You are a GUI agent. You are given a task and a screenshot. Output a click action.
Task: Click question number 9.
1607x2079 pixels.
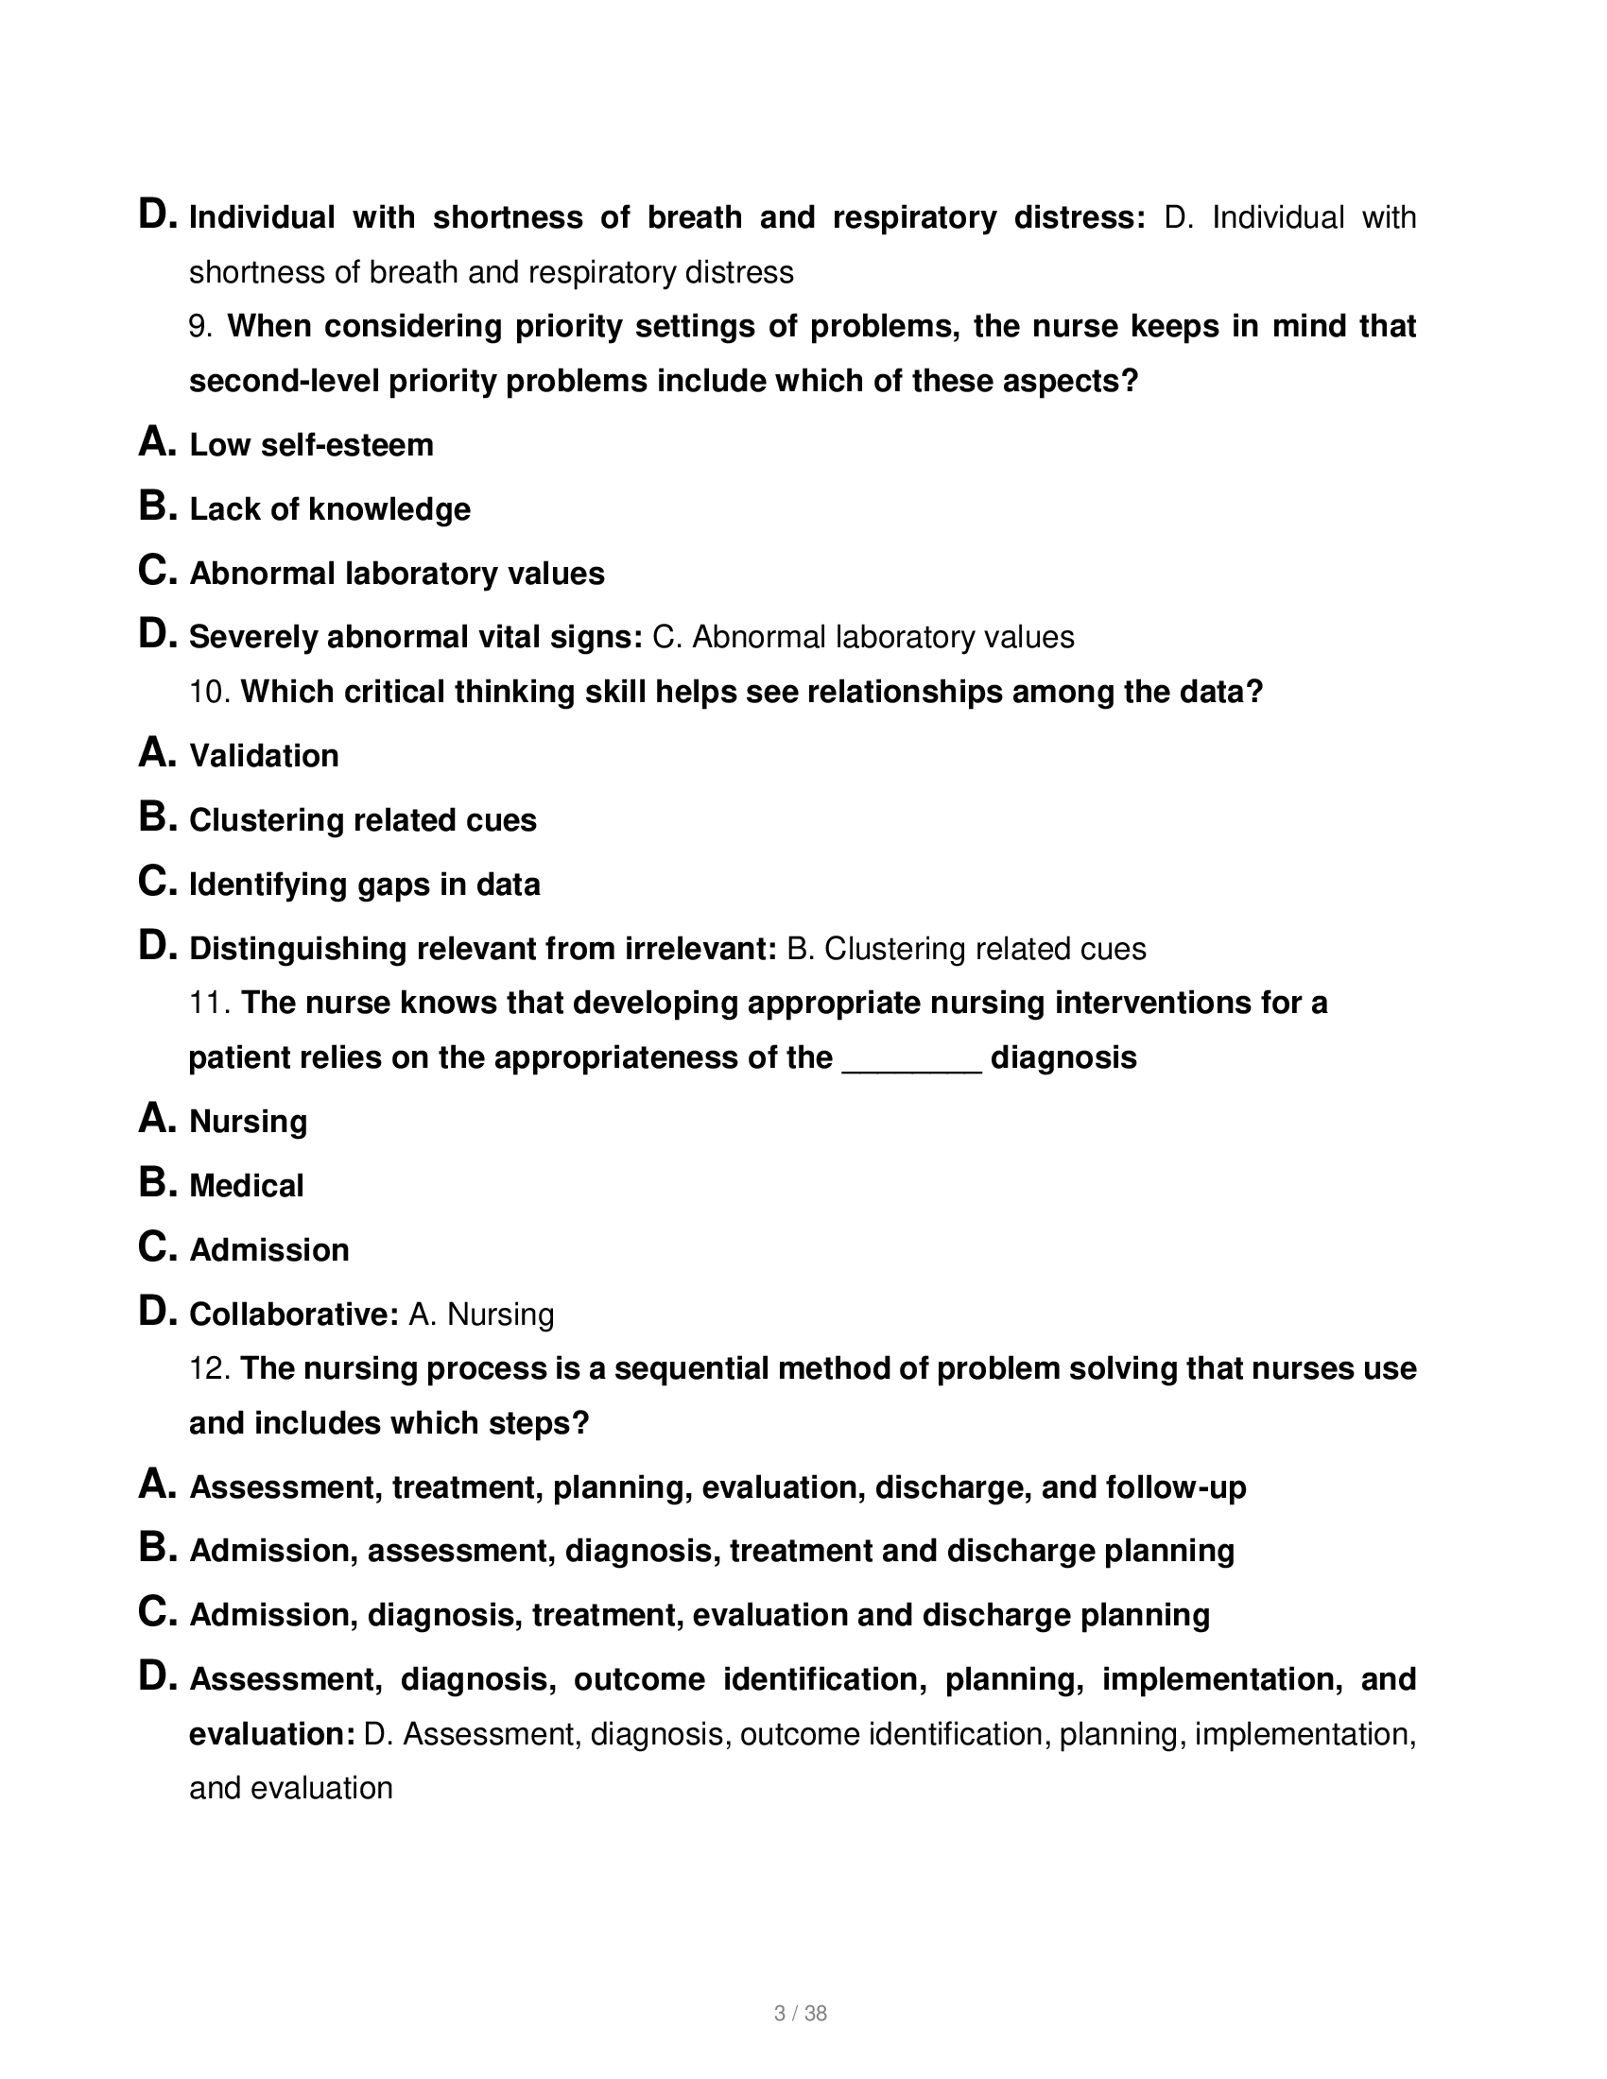[x=199, y=327]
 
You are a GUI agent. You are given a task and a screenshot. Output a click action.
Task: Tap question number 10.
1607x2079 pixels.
[x=210, y=692]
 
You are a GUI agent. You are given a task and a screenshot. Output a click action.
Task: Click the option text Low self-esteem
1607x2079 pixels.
[x=311, y=445]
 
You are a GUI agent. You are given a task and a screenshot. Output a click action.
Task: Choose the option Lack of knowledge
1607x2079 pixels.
[x=329, y=509]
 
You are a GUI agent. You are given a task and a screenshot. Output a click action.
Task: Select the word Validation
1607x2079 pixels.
[x=264, y=756]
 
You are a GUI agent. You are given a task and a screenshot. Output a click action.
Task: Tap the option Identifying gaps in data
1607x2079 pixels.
[x=365, y=885]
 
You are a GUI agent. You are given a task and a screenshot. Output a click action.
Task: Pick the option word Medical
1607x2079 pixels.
[x=247, y=1186]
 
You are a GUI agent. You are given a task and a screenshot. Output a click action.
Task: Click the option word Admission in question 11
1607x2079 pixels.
[x=269, y=1250]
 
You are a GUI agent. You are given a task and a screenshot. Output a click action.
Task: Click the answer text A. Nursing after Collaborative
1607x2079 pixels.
[x=481, y=1314]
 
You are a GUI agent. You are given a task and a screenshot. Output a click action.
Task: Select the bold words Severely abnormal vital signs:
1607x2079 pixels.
[x=416, y=637]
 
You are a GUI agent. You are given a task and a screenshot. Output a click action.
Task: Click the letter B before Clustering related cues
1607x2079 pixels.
[x=155, y=817]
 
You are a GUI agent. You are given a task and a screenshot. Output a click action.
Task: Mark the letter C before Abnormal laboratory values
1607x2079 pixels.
[x=155, y=571]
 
